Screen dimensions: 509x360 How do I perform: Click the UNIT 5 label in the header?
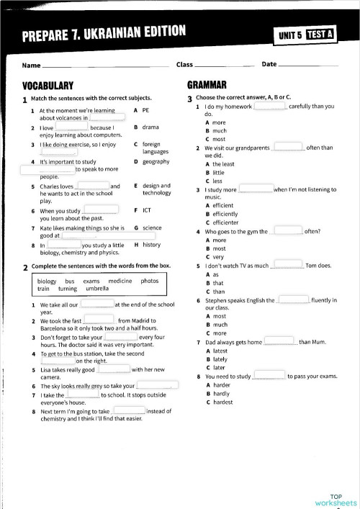291,34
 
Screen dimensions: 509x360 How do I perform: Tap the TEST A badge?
319,34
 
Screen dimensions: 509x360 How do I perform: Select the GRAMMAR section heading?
207,84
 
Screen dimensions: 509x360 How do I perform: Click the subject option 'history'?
151,245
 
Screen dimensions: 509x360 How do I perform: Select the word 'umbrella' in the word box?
97,288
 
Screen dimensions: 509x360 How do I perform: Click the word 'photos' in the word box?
150,280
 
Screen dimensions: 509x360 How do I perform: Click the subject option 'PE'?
145,110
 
